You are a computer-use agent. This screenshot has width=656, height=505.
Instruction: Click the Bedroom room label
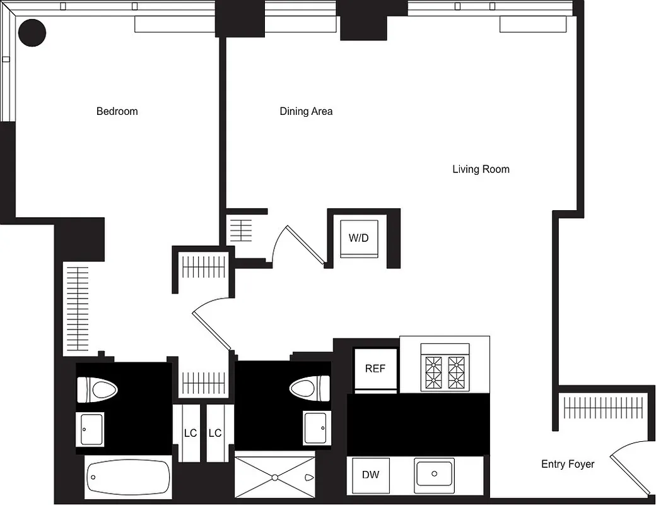(117, 112)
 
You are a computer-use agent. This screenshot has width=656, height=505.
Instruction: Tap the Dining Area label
(306, 112)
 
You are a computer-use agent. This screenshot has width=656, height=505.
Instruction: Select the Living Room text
(481, 169)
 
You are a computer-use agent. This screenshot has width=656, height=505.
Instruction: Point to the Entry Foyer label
(568, 464)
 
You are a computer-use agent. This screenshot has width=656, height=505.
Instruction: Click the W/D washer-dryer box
(359, 239)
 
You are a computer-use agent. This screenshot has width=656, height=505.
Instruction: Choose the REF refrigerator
(375, 369)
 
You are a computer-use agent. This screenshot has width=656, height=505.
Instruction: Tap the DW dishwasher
(370, 475)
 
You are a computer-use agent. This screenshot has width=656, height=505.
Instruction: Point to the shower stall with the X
(274, 477)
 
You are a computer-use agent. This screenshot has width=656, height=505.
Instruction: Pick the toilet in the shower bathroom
(310, 387)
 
